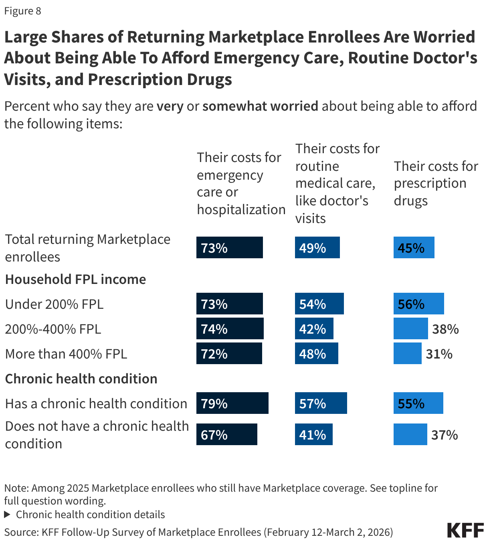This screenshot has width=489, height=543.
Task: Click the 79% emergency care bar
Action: [x=232, y=403]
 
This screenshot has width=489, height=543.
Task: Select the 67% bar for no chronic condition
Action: [x=226, y=434]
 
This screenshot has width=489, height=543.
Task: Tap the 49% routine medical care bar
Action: [x=317, y=247]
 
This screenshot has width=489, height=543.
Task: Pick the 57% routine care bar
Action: [x=321, y=403]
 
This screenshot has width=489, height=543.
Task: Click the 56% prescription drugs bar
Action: [x=418, y=304]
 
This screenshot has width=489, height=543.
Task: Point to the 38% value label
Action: [x=445, y=329]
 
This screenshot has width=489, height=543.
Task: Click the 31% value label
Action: [x=439, y=354]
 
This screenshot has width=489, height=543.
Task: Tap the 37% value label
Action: [x=445, y=435]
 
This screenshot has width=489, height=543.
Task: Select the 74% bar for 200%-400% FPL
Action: [x=230, y=328]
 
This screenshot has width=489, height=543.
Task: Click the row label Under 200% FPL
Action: [x=55, y=304]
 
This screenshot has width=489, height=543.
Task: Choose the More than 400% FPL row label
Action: [x=66, y=354]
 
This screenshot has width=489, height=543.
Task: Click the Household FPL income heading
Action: [x=75, y=279]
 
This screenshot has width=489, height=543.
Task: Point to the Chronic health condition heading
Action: [x=81, y=379]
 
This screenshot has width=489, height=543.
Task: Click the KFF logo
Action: [x=465, y=530]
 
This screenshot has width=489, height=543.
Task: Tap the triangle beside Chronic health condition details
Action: [x=7, y=515]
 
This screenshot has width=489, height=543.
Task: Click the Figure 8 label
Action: [x=22, y=11]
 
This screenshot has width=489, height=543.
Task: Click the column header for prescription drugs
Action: [x=436, y=183]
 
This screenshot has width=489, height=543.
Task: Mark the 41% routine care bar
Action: [x=313, y=434]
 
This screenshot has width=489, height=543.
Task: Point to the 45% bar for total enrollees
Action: [x=414, y=247]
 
